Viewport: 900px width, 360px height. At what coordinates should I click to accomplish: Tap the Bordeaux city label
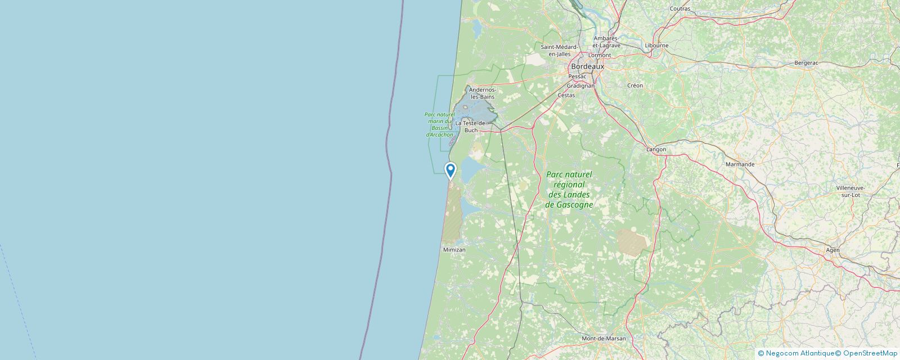pyautogui.click(x=587, y=66)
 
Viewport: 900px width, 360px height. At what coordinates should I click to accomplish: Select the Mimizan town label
pyautogui.click(x=454, y=249)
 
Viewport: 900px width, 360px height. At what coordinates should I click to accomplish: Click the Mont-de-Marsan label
pyautogui.click(x=604, y=339)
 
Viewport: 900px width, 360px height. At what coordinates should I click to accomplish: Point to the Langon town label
pyautogui.click(x=656, y=149)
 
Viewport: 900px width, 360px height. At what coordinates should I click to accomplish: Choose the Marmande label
pyautogui.click(x=740, y=164)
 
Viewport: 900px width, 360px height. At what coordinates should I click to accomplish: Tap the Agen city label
pyautogui.click(x=832, y=250)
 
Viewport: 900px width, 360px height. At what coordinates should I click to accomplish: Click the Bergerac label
pyautogui.click(x=806, y=63)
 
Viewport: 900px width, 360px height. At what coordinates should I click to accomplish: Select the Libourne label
pyautogui.click(x=657, y=46)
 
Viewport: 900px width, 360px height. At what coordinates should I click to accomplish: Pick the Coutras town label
pyautogui.click(x=680, y=9)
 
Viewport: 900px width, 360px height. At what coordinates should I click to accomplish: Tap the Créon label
pyautogui.click(x=635, y=85)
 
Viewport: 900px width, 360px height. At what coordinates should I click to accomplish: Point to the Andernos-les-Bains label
pyautogui.click(x=482, y=93)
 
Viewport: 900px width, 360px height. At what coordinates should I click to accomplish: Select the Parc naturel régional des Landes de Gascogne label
pyautogui.click(x=569, y=190)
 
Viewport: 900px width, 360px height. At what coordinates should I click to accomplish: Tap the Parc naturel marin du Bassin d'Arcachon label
pyautogui.click(x=439, y=124)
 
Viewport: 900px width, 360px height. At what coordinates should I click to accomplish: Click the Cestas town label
pyautogui.click(x=566, y=95)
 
